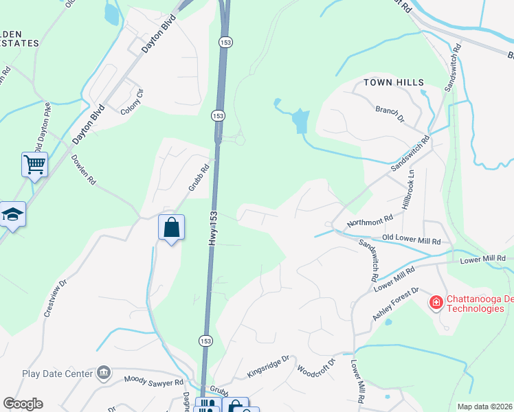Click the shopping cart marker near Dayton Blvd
pyautogui.click(x=34, y=163)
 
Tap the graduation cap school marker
pyautogui.click(x=12, y=214)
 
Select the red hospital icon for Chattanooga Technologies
pyautogui.click(x=436, y=302)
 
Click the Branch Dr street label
pyautogui.click(x=390, y=113)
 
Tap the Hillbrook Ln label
pyautogui.click(x=412, y=186)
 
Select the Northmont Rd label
pyautogui.click(x=370, y=220)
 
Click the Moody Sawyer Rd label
pyautogui.click(x=154, y=380)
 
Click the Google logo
pyautogui.click(x=23, y=404)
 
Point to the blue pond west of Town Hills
pyautogui.click(x=300, y=121)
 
